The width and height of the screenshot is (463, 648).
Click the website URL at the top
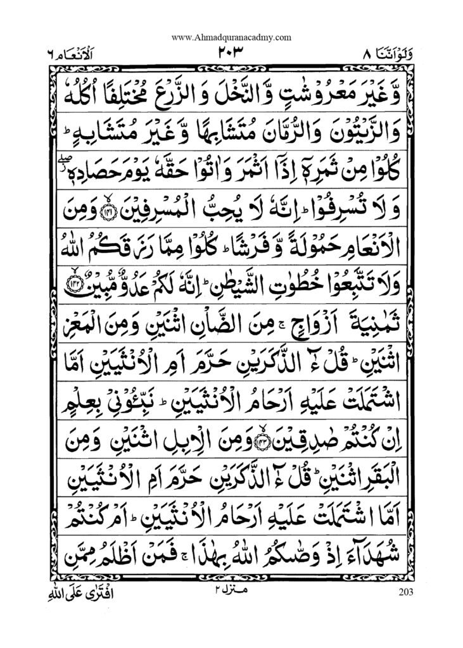[x=231, y=37]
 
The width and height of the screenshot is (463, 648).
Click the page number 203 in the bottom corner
[x=407, y=592]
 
